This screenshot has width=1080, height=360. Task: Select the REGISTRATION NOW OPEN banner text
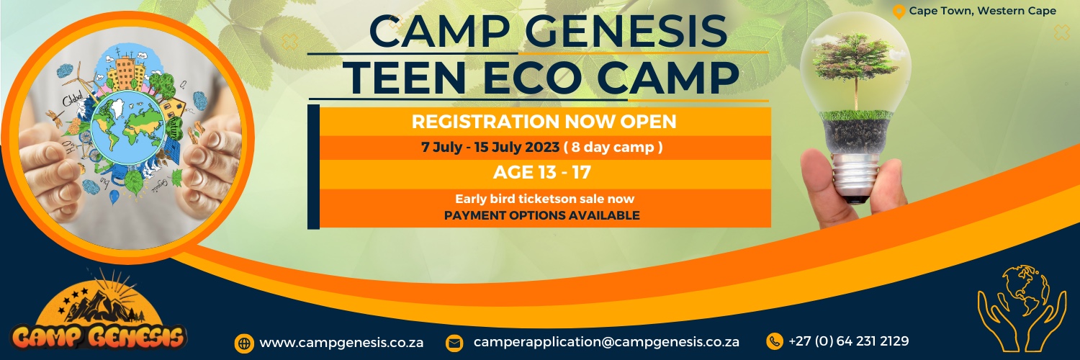click(544, 121)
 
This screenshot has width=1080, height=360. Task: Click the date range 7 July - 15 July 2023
click(490, 148)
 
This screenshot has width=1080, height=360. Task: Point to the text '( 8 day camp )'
click(613, 148)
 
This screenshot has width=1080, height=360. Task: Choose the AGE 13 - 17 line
click(544, 173)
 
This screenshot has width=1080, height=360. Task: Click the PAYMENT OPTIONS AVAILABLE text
click(541, 215)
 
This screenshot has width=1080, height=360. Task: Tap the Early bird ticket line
click(544, 199)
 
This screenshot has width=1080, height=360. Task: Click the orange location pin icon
click(898, 12)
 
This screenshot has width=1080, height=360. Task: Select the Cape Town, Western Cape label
click(983, 11)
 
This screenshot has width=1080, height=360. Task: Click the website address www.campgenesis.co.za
click(341, 343)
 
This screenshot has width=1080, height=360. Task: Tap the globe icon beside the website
click(244, 343)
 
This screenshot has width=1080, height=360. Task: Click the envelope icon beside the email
click(454, 343)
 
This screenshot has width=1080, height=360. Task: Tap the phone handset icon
click(775, 341)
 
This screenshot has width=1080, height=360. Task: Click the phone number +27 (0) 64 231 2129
click(848, 341)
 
